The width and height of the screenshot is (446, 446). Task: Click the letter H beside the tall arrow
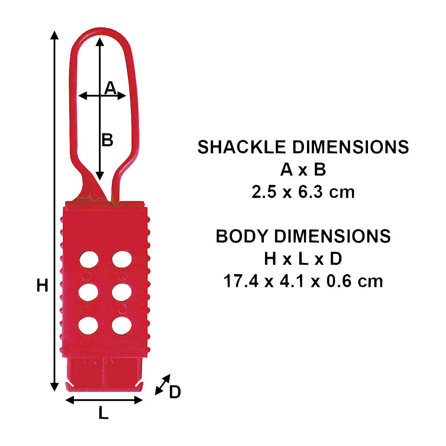pyautogui.click(x=42, y=285)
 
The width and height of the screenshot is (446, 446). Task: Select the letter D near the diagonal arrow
pyautogui.click(x=175, y=392)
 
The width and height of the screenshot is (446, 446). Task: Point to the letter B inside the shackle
pyautogui.click(x=107, y=140)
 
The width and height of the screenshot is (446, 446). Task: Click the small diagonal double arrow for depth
pyautogui.click(x=162, y=384)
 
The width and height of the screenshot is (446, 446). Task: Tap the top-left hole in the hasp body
pyautogui.click(x=89, y=259)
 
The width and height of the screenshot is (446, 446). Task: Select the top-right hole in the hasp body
pyautogui.click(x=122, y=259)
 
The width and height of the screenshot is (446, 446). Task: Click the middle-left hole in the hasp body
pyautogui.click(x=88, y=293)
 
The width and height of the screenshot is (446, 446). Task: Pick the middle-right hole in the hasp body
pyautogui.click(x=122, y=293)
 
